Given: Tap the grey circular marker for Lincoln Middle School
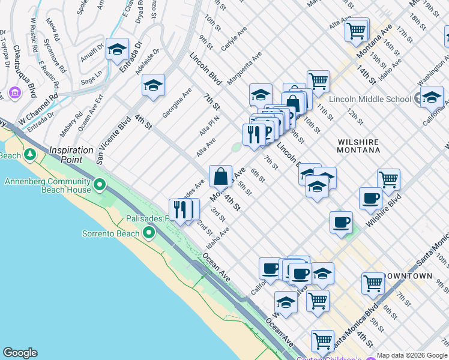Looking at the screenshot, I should pos(418,98).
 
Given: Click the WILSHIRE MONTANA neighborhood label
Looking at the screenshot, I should pos(358,147).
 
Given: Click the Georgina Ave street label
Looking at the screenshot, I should pos(176,102).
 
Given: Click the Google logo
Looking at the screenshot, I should pos(20,353).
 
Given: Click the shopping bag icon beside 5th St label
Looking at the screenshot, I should pos(220,176).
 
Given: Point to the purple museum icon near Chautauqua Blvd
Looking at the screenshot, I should pos(15,94).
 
